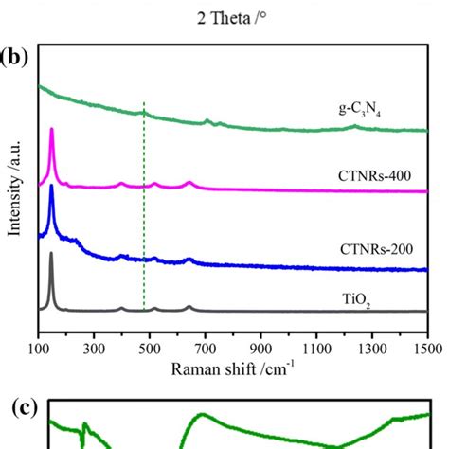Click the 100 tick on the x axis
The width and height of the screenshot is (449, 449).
(38, 348)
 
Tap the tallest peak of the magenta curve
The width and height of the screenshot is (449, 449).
(51, 129)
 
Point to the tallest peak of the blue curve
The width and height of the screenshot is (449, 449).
(51, 187)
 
